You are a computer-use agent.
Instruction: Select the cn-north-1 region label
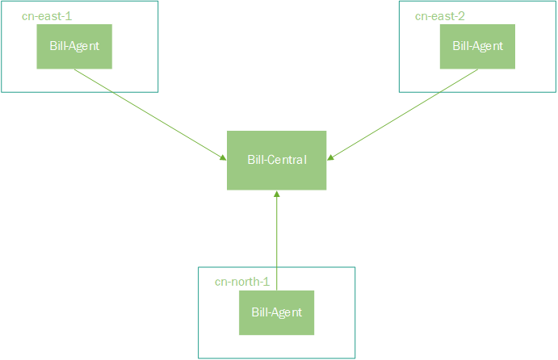tap(241, 282)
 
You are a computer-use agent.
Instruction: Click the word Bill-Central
tap(276, 160)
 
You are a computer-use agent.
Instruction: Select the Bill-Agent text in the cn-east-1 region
tap(74, 46)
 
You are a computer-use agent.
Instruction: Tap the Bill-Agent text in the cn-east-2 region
tap(477, 46)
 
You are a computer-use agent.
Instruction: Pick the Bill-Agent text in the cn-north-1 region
tap(276, 312)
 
